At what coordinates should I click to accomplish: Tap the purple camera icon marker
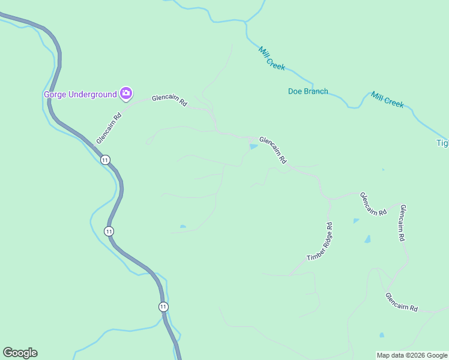click(x=126, y=93)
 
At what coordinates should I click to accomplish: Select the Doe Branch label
click(x=308, y=91)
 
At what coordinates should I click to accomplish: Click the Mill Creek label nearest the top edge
click(x=272, y=58)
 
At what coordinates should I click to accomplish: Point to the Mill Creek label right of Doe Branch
click(x=387, y=100)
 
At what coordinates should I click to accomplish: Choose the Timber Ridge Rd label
click(x=319, y=242)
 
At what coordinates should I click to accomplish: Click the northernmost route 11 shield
click(x=105, y=160)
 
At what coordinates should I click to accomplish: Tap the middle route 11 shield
click(x=109, y=231)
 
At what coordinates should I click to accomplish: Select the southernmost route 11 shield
click(x=163, y=307)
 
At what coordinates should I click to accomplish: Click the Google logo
click(x=20, y=353)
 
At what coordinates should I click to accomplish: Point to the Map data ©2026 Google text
click(x=412, y=355)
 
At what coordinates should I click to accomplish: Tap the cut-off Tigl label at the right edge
click(x=442, y=143)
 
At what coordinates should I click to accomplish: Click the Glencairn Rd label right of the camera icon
click(x=170, y=100)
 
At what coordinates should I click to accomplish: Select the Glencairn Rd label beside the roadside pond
click(x=273, y=150)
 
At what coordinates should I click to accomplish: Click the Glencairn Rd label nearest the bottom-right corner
click(x=402, y=301)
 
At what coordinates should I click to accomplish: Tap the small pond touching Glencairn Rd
click(x=253, y=146)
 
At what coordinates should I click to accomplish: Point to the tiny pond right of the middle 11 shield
click(x=182, y=227)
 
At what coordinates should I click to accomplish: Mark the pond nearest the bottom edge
click(x=382, y=335)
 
